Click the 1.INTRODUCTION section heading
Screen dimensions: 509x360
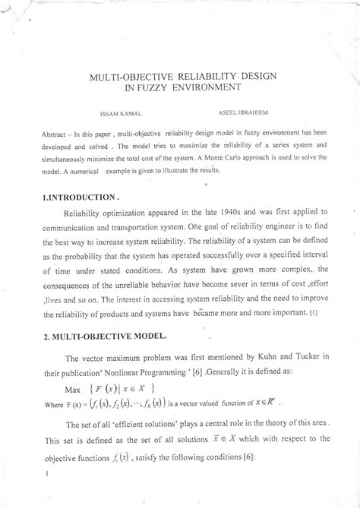point(77,196)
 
